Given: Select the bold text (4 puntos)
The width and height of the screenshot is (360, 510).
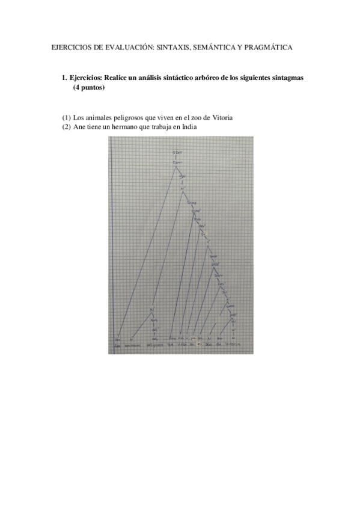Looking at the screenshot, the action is [89, 88].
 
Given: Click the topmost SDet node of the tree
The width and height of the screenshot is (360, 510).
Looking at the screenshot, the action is [176, 153].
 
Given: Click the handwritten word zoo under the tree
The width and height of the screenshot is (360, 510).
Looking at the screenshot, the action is [210, 345].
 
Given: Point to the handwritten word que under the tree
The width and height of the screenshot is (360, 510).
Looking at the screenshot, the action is [171, 345].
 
